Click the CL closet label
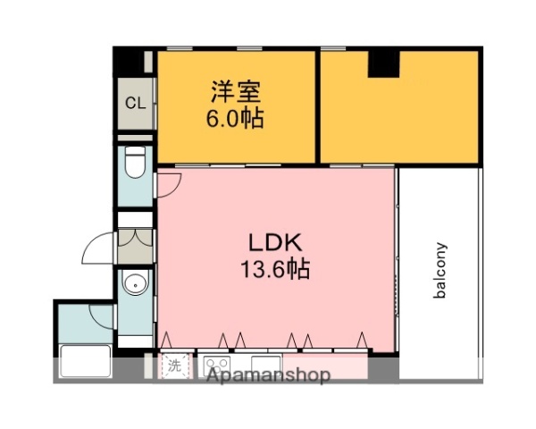coord(135,103)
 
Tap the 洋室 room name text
coord(237,92)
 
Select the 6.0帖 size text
coord(237,119)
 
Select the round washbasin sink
coord(134,287)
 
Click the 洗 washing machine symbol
coord(175,365)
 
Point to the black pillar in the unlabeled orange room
coord(384,63)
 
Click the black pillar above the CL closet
coord(134,63)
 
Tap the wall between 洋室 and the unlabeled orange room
coord(318,107)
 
